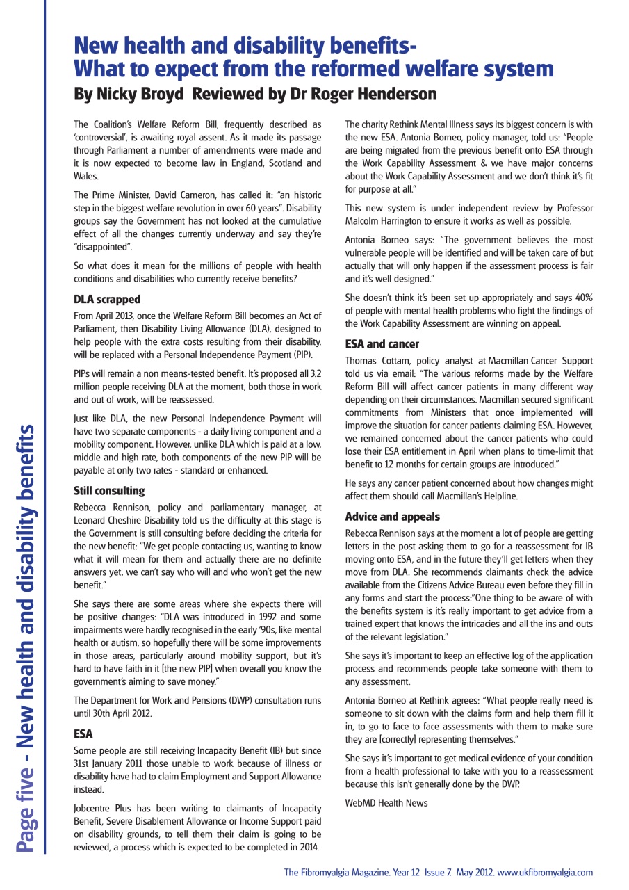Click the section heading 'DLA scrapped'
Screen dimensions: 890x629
click(107, 300)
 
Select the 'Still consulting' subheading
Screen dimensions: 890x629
click(109, 491)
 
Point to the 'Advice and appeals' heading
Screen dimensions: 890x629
click(392, 517)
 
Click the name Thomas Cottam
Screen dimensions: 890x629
click(376, 360)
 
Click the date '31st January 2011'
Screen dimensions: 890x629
click(111, 765)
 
